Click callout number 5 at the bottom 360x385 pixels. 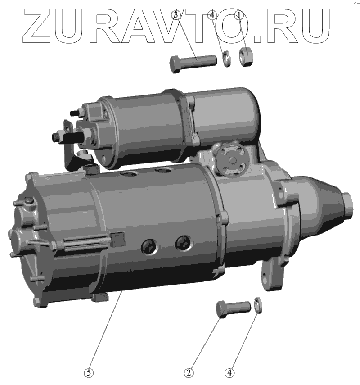[89, 373]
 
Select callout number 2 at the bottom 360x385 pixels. [189, 373]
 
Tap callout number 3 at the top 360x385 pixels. [175, 15]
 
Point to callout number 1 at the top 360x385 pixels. [238, 15]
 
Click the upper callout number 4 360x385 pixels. [212, 15]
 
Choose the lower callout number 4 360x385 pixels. [229, 373]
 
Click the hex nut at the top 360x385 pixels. [246, 56]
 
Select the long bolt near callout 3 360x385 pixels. [193, 63]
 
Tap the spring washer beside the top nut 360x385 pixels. [226, 59]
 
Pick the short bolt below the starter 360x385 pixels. [233, 308]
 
